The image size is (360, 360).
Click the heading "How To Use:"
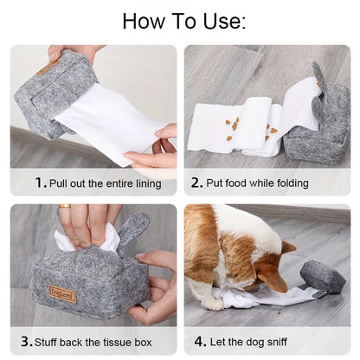pos(183,21)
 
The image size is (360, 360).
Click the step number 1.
pos(40,183)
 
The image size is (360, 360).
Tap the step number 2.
pos(196,183)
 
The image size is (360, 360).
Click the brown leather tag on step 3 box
pos(62,293)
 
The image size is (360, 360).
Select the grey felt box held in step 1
pos(48,91)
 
